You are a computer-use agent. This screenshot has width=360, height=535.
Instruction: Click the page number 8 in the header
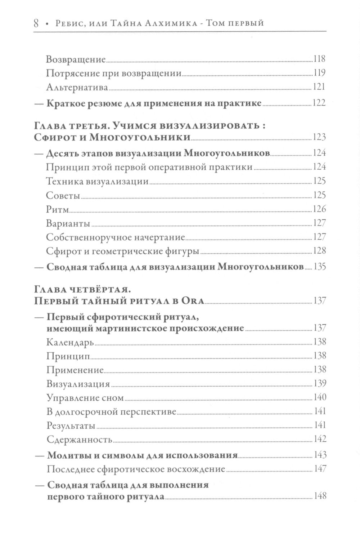coord(36,23)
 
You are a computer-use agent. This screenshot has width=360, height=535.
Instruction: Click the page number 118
coord(319,59)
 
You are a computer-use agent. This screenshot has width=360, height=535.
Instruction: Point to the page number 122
coord(319,103)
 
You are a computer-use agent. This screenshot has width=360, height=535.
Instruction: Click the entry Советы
coord(63,195)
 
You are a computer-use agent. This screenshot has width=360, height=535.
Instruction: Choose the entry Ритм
coord(57,209)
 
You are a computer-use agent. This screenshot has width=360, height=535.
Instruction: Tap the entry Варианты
coord(68,223)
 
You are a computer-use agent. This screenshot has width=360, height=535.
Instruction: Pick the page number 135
coord(319,267)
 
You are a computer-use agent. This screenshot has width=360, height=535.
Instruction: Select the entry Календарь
coord(70,342)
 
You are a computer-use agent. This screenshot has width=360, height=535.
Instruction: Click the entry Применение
coord(75,370)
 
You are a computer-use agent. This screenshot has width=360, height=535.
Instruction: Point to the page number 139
coord(319,383)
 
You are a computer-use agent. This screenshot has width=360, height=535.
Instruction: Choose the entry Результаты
coord(71,425)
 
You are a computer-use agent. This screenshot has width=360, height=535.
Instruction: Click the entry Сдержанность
coord(79,440)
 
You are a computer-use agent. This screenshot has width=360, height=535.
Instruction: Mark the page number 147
coord(319,469)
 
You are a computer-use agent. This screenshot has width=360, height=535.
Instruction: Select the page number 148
coord(319,496)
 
